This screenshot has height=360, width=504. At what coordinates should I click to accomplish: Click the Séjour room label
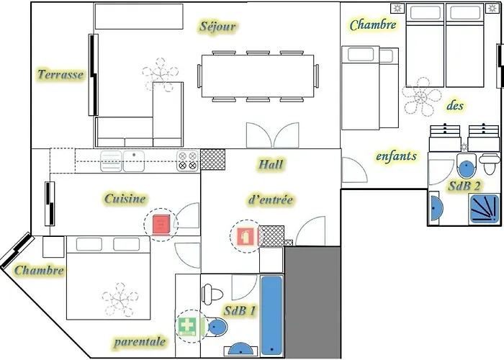pyautogui.click(x=217, y=27)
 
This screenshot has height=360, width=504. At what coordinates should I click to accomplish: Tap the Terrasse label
pyautogui.click(x=60, y=74)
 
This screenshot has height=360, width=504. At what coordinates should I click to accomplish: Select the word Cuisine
pyautogui.click(x=125, y=198)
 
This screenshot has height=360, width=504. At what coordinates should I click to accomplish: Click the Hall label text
pyautogui.click(x=271, y=165)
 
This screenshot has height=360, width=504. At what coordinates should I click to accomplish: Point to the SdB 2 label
pyautogui.click(x=464, y=186)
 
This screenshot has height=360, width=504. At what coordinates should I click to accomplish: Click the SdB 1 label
pyautogui.click(x=239, y=311)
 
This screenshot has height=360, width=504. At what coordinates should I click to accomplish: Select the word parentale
pyautogui.click(x=140, y=341)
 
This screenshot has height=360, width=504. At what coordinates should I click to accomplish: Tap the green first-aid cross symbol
pyautogui.click(x=186, y=325)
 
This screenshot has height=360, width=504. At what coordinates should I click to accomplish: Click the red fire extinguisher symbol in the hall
pyautogui.click(x=245, y=235)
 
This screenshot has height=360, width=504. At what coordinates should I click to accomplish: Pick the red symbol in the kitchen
pyautogui.click(x=161, y=225)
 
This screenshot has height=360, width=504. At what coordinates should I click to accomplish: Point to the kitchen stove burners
pyautogui.click(x=187, y=161)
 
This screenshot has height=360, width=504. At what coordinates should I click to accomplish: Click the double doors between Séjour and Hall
pyautogui.click(x=272, y=135)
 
